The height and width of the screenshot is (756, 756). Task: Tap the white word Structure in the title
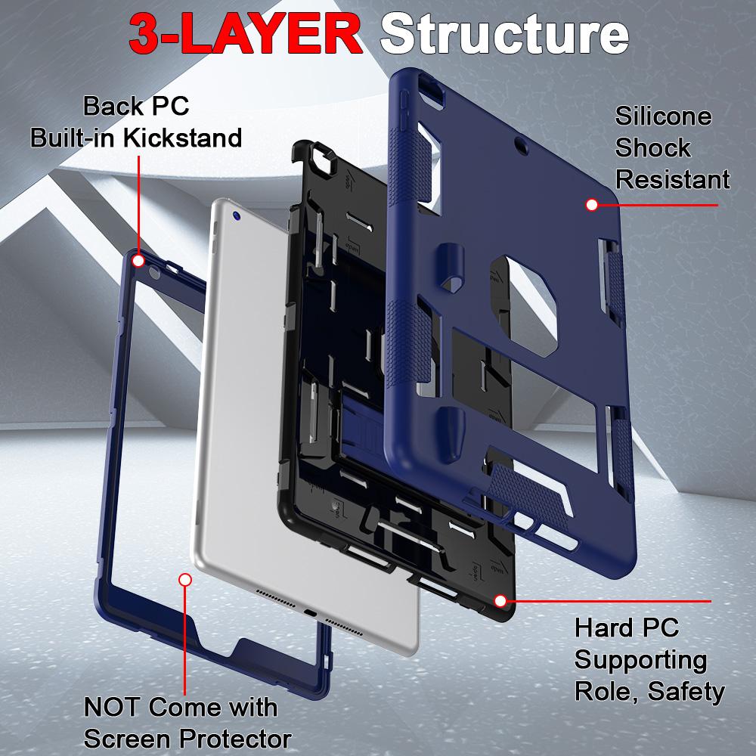point(505,34)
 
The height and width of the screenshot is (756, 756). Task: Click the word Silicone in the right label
point(663,116)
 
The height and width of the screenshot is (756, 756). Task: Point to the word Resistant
point(672,179)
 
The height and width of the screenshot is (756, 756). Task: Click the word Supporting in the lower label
point(640,659)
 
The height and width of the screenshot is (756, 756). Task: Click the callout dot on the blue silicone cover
point(592,204)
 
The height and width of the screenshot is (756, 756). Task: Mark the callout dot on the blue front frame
point(138,261)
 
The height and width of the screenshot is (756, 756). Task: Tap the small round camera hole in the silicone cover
point(518,141)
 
